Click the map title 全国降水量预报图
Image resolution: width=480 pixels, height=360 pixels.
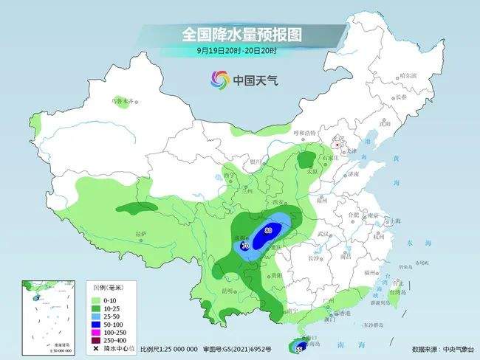point(243,34)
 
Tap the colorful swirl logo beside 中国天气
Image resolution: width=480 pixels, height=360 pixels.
point(219,80)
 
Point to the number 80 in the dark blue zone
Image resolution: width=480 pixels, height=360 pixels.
point(267,231)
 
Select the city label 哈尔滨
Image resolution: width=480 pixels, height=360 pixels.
point(408,76)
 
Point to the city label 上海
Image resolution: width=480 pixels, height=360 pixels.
point(396,221)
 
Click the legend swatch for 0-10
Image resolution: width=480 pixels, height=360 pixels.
point(96,301)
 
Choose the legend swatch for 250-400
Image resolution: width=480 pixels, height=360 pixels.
point(96,340)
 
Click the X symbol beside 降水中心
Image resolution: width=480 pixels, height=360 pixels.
point(96,348)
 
